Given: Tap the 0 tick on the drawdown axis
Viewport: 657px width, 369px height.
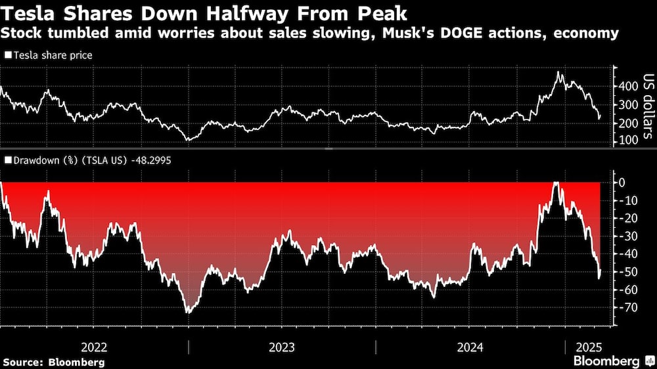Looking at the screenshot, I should pyautogui.click(x=622, y=183).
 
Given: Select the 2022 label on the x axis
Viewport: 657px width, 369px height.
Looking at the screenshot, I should pyautogui.click(x=94, y=347).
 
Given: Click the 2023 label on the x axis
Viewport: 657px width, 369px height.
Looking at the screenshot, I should pyautogui.click(x=282, y=347).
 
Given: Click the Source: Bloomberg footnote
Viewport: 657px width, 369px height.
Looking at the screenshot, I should pyautogui.click(x=54, y=362).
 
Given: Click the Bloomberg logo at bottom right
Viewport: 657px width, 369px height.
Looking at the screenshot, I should pyautogui.click(x=612, y=361).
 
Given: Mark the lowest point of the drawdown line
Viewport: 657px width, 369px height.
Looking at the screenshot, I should pyautogui.click(x=189, y=313).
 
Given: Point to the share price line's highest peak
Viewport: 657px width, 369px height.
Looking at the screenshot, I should pyautogui.click(x=558, y=72).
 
